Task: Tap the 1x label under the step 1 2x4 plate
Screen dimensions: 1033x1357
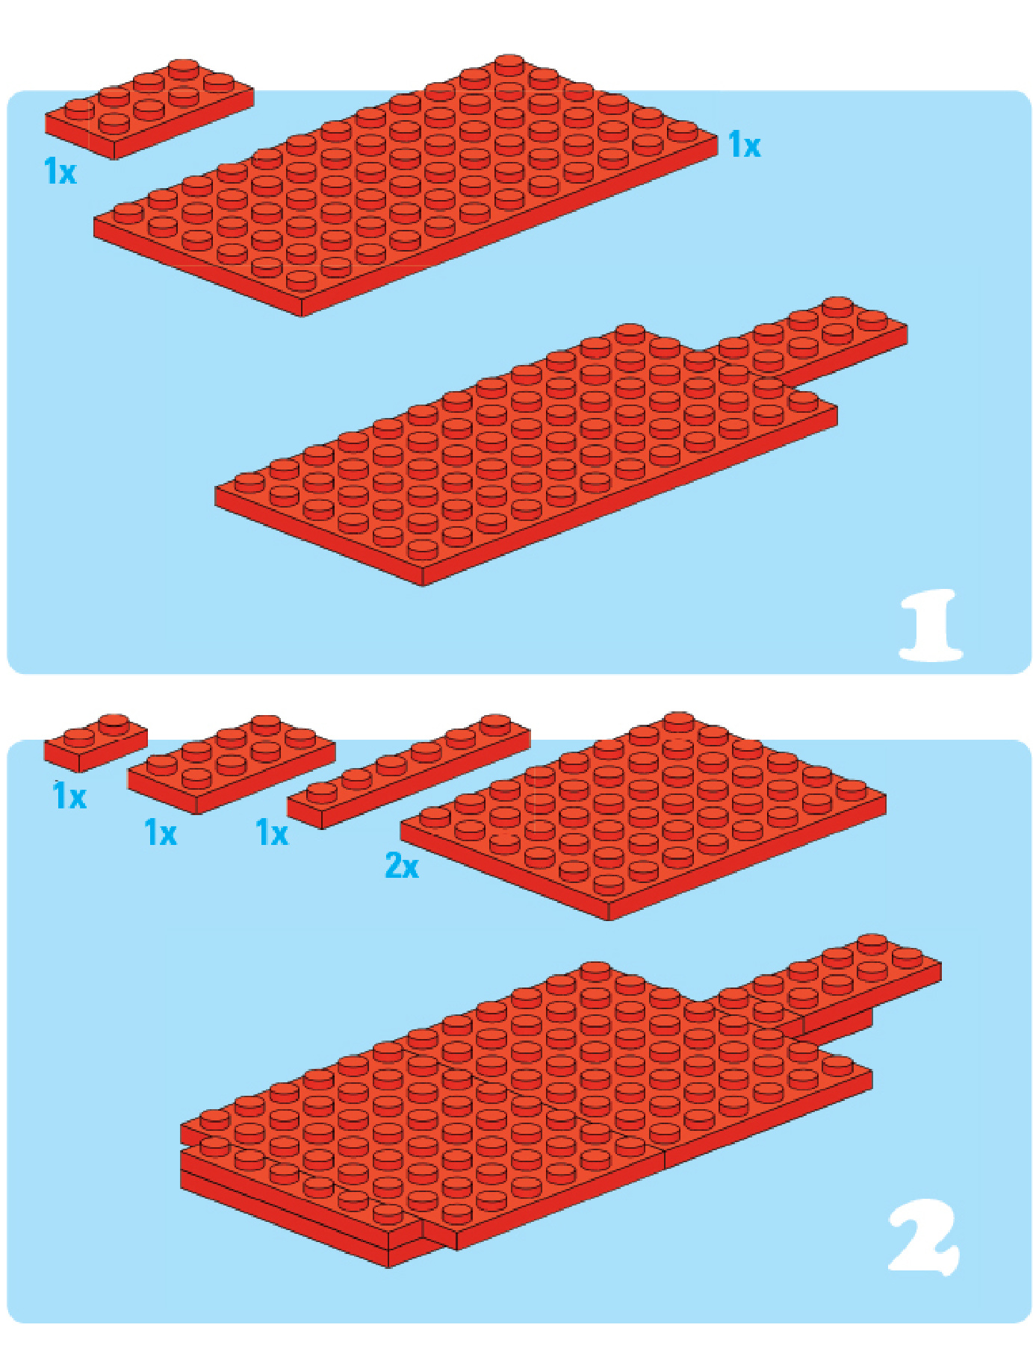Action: coord(61,171)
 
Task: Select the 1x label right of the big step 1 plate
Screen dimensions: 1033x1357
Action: coord(744,145)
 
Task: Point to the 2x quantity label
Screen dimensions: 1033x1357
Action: coord(402,865)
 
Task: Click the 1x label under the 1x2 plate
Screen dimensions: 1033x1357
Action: coord(69,796)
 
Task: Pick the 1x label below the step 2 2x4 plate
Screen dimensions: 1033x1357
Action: coord(161,832)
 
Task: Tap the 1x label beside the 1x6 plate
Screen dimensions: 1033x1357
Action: coord(272,832)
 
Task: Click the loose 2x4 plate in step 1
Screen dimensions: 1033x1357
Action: coord(149,109)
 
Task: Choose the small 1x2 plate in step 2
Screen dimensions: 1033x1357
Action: coord(96,743)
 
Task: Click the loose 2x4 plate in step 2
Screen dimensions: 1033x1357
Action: coord(232,764)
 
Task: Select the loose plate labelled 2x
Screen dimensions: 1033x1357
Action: coord(643,816)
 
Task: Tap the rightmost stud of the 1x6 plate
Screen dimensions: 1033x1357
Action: coord(495,723)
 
